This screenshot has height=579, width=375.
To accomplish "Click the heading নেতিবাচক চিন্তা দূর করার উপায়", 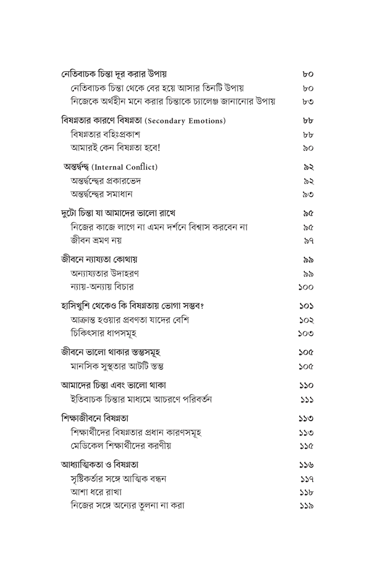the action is pos(114,74).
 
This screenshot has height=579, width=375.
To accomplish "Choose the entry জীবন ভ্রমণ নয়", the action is pos(96,241).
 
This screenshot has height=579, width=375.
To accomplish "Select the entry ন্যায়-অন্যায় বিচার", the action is pos(102,287).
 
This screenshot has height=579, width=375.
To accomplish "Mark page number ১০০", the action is pos(306,287).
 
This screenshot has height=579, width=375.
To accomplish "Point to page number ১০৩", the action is pos(306,334).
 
